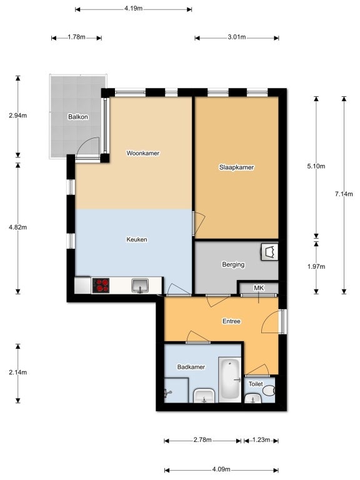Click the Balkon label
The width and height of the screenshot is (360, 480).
click(78, 117)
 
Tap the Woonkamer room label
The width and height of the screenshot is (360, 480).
click(143, 153)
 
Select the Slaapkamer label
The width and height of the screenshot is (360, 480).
click(236, 167)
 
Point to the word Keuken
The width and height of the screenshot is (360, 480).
click(137, 239)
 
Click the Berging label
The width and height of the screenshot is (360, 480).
click(233, 264)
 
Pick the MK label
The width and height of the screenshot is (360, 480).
click(259, 287)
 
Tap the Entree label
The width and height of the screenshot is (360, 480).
click(231, 321)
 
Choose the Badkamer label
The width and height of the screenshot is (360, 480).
click(191, 367)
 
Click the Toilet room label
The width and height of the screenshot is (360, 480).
click(256, 384)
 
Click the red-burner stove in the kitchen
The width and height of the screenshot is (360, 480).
click(101, 285)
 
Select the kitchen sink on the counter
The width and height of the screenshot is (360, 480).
click(140, 285)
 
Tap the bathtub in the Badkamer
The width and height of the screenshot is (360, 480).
click(230, 379)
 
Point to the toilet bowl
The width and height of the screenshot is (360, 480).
click(269, 390)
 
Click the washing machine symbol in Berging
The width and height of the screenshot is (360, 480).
click(269, 252)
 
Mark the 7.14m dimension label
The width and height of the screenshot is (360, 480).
click(344, 194)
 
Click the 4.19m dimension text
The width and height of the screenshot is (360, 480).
click(134, 9)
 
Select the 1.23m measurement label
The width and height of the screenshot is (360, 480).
click(261, 440)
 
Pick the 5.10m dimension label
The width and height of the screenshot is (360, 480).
click(316, 166)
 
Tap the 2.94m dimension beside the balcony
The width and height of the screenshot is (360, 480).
click(17, 116)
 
